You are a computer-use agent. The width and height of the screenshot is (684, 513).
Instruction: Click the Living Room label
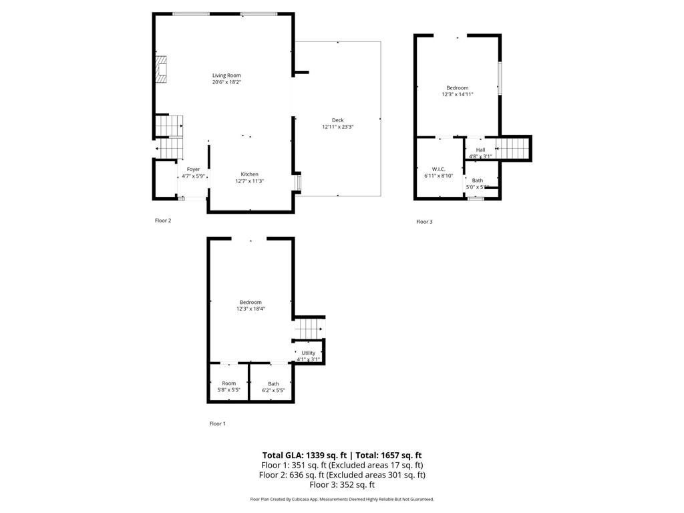(x=226, y=75)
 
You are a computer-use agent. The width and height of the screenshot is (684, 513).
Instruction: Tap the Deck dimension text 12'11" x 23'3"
(x=337, y=127)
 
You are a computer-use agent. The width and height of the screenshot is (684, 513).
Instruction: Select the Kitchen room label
(x=249, y=174)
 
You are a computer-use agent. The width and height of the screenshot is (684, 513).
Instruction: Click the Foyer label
(x=193, y=170)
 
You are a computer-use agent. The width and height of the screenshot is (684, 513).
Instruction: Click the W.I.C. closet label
(x=438, y=169)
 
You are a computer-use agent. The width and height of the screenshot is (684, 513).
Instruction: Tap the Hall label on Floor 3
(x=480, y=150)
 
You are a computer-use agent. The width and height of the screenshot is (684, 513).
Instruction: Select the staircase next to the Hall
(x=513, y=148)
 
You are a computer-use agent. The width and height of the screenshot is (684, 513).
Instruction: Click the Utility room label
(x=308, y=353)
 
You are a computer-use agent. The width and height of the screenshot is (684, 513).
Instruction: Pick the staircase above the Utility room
(x=309, y=329)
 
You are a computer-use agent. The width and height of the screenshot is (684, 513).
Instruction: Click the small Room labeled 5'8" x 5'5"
(x=228, y=383)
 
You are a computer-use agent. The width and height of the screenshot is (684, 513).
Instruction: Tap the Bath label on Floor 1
(x=273, y=384)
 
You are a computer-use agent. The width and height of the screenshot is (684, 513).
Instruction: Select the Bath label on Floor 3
(x=478, y=180)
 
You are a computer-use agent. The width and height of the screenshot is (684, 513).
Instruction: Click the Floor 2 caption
(x=163, y=220)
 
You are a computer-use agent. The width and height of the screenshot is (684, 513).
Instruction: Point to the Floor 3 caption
(x=424, y=222)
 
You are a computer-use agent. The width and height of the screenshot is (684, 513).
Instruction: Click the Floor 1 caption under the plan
(x=218, y=423)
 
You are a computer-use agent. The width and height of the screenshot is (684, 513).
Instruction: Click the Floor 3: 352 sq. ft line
(x=341, y=485)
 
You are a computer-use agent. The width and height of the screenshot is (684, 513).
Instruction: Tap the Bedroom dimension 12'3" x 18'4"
(x=250, y=309)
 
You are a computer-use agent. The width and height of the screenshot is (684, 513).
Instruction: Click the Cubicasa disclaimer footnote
(x=341, y=499)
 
